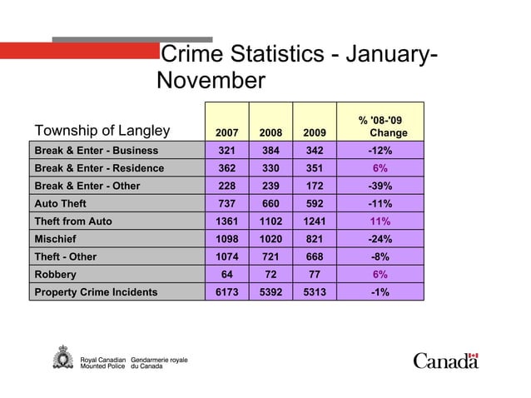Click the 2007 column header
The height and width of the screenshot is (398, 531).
pos(226,132)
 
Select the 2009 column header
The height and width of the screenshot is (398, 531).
pos(315,132)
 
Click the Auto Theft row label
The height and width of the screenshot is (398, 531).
pos(60,203)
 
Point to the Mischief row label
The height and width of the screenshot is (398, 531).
pos(55,239)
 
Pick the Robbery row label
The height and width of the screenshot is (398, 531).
pos(55,274)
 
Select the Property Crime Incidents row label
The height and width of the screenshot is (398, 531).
pos(95,292)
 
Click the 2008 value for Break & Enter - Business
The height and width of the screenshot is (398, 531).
pos(270,151)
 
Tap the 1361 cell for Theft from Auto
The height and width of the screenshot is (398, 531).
pos(226,221)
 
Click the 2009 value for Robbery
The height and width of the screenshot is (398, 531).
pos(315,274)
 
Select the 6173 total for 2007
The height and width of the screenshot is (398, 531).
pos(226,292)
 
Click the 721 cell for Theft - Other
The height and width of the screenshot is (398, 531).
pos(270,256)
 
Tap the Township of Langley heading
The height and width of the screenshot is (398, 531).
pos(102,130)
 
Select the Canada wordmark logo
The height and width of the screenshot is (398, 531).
pos(446,360)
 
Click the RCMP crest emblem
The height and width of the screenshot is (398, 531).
pos(62,360)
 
